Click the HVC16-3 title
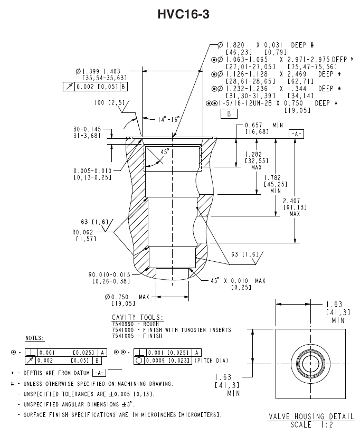click(x=183, y=14)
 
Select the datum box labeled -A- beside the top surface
click(x=296, y=134)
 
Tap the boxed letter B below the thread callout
click(x=229, y=113)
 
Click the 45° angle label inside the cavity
click(x=165, y=151)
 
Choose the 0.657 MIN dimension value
click(x=253, y=125)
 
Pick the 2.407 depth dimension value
click(x=291, y=201)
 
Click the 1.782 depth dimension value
click(x=272, y=177)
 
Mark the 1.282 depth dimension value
click(x=253, y=154)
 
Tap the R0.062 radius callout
click(x=83, y=232)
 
